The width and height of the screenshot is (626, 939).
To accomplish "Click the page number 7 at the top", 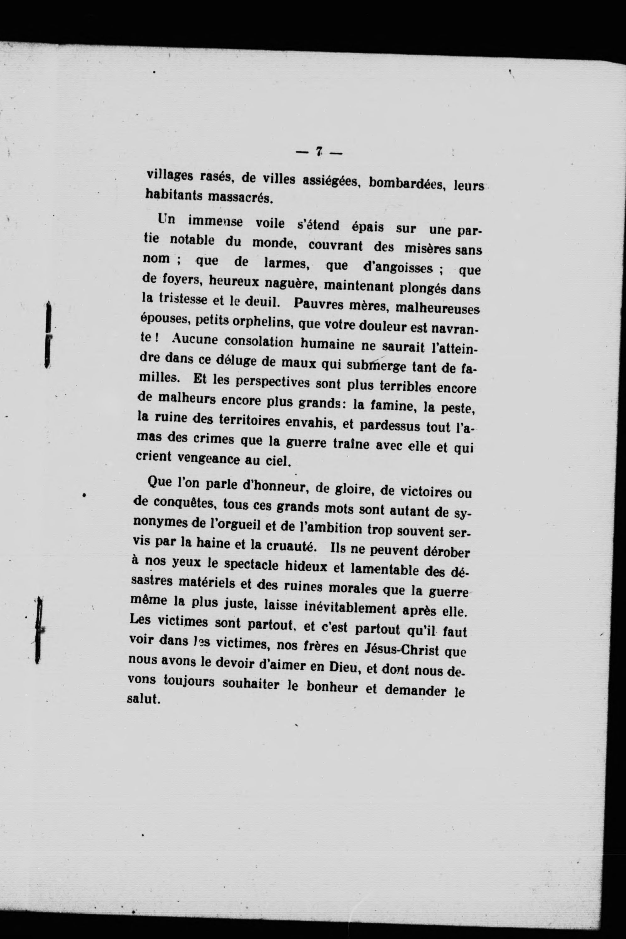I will click(318, 152).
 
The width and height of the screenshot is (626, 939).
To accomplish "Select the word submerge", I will click(381, 365).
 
